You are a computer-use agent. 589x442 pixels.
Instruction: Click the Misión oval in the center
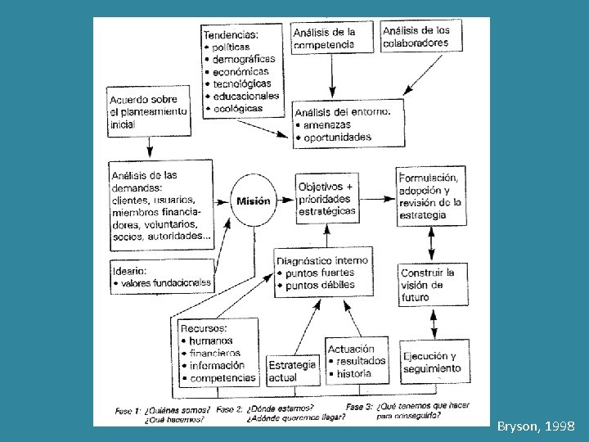pos(253,201)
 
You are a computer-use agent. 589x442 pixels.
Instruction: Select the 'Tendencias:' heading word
pos(230,34)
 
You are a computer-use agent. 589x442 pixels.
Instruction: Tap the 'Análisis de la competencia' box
pos(325,38)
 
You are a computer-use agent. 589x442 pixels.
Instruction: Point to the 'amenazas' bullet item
pos(326,125)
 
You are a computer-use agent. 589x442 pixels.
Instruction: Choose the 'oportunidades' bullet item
pos(335,138)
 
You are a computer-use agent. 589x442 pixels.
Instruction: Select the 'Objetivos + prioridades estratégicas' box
pos(327,199)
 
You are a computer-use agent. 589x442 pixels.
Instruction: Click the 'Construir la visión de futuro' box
pos(428,284)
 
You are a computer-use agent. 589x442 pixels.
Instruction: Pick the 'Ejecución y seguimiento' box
pos(431,363)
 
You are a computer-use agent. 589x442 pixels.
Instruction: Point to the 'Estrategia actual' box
pos(292,372)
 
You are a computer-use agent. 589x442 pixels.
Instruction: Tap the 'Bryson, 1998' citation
pos(536,426)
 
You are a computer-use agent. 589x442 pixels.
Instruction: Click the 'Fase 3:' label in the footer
pos(360,407)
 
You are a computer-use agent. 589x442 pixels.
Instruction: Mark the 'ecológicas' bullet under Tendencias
pos(237,108)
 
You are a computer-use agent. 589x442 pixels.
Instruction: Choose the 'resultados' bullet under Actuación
pos(360,361)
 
